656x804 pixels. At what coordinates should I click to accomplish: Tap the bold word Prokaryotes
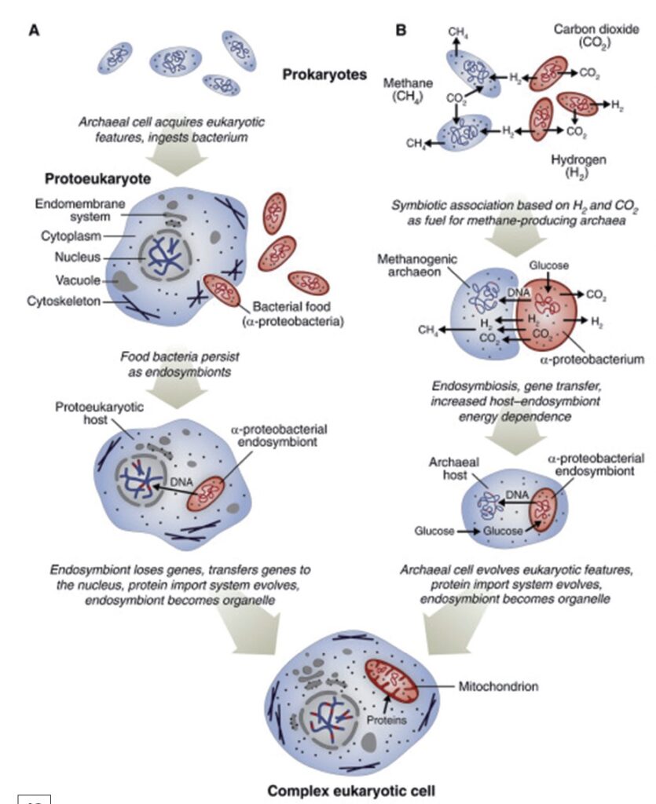tap(324, 75)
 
